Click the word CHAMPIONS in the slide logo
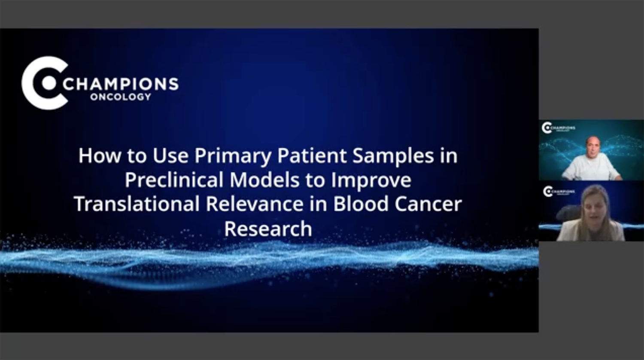click(121, 84)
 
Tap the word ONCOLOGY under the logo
click(121, 97)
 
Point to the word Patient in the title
click(312, 155)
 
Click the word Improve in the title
click(371, 181)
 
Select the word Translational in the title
click(137, 204)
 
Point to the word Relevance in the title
click(255, 204)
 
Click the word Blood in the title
click(361, 204)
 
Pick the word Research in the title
click(268, 229)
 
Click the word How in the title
click(100, 156)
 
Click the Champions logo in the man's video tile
click(558, 128)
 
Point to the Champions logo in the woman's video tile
click(559, 191)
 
